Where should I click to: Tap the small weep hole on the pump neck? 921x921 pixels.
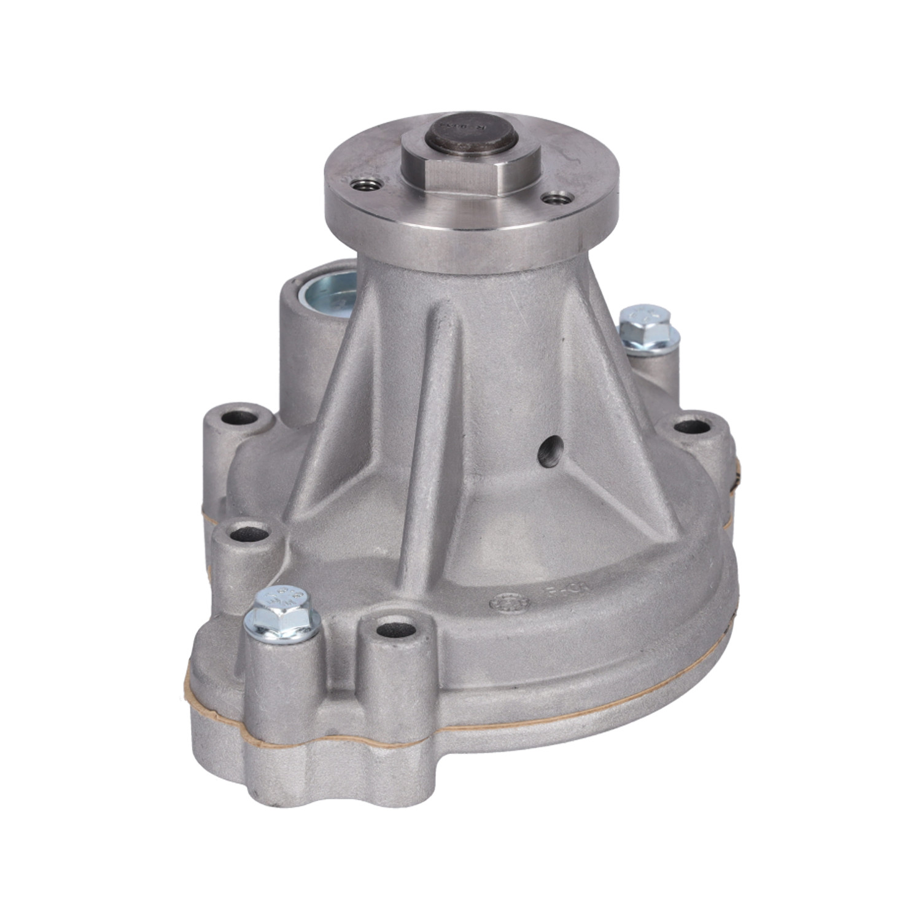550,453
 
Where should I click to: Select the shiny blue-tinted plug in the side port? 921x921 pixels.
329,294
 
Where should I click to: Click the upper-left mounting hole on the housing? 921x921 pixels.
239,419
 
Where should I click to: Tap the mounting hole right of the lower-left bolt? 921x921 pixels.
392,630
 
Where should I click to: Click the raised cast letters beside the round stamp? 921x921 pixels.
565,591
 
